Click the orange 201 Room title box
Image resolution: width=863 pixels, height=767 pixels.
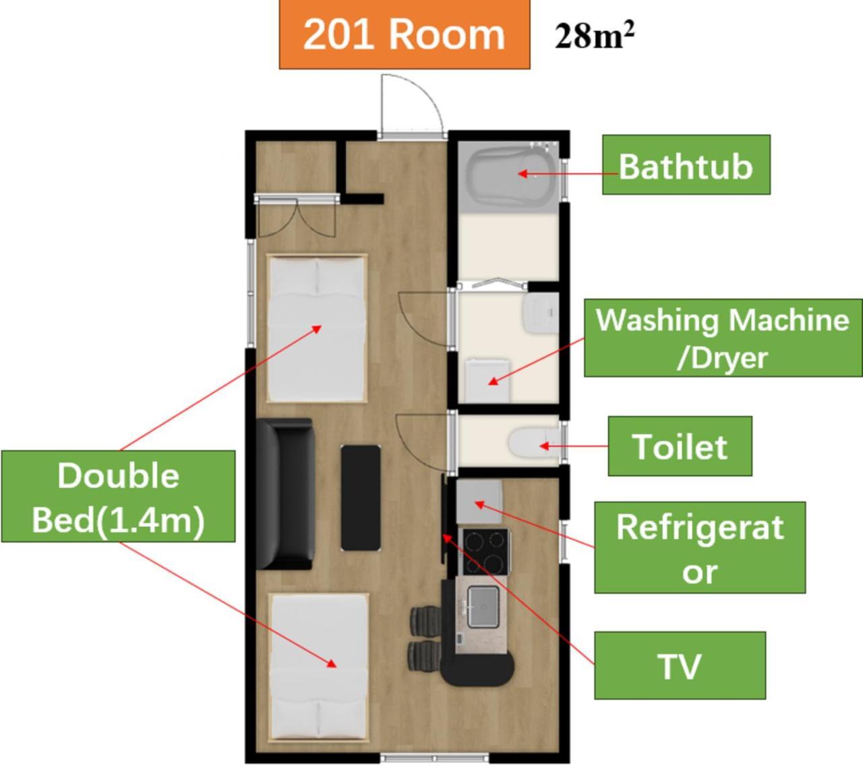405,34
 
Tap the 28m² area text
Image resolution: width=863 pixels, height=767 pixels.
594,36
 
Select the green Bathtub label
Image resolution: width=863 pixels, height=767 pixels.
686,165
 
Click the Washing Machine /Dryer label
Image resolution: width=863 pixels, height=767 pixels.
723,338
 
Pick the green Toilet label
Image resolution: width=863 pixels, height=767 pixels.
680,446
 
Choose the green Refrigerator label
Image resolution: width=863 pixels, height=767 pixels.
700,548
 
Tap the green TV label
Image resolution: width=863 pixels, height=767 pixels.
680,666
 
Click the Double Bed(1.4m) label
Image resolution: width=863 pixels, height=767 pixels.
119,496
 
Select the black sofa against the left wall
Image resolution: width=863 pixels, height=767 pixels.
285,494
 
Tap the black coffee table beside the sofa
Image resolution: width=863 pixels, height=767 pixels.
361,498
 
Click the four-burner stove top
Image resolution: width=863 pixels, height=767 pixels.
485,552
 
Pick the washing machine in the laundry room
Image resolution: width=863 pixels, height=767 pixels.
487,380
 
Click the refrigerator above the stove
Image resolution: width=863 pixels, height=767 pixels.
479,501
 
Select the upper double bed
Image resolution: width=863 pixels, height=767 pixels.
317,329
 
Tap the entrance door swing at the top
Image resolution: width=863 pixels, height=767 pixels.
412,105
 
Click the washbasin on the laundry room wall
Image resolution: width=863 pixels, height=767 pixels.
541,313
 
